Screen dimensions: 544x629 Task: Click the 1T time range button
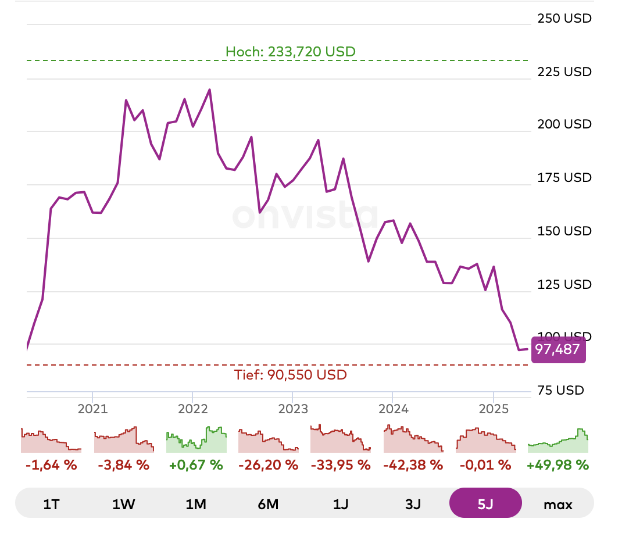[51, 504]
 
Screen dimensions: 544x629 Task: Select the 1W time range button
[123, 504]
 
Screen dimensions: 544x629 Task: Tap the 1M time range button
[196, 504]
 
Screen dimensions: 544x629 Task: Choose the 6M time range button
[268, 504]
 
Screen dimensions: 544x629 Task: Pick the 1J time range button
[341, 504]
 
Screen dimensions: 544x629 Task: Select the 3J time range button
[413, 504]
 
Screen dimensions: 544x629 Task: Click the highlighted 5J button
[485, 503]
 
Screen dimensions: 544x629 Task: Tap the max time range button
[558, 504]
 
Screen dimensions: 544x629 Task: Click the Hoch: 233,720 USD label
[291, 52]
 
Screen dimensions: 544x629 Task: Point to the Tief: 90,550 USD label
[291, 375]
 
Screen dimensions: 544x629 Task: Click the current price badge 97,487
[557, 349]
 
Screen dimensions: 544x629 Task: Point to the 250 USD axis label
[564, 18]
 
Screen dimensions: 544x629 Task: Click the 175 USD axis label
[564, 177]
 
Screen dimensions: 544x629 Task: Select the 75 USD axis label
[567, 390]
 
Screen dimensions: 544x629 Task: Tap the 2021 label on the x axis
[93, 408]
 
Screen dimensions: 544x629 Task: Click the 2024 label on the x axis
[392, 408]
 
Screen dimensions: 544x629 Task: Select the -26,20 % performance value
[268, 465]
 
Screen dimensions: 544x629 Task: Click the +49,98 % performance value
[558, 465]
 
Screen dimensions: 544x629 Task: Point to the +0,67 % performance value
[196, 465]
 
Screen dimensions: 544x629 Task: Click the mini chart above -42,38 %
[413, 439]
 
